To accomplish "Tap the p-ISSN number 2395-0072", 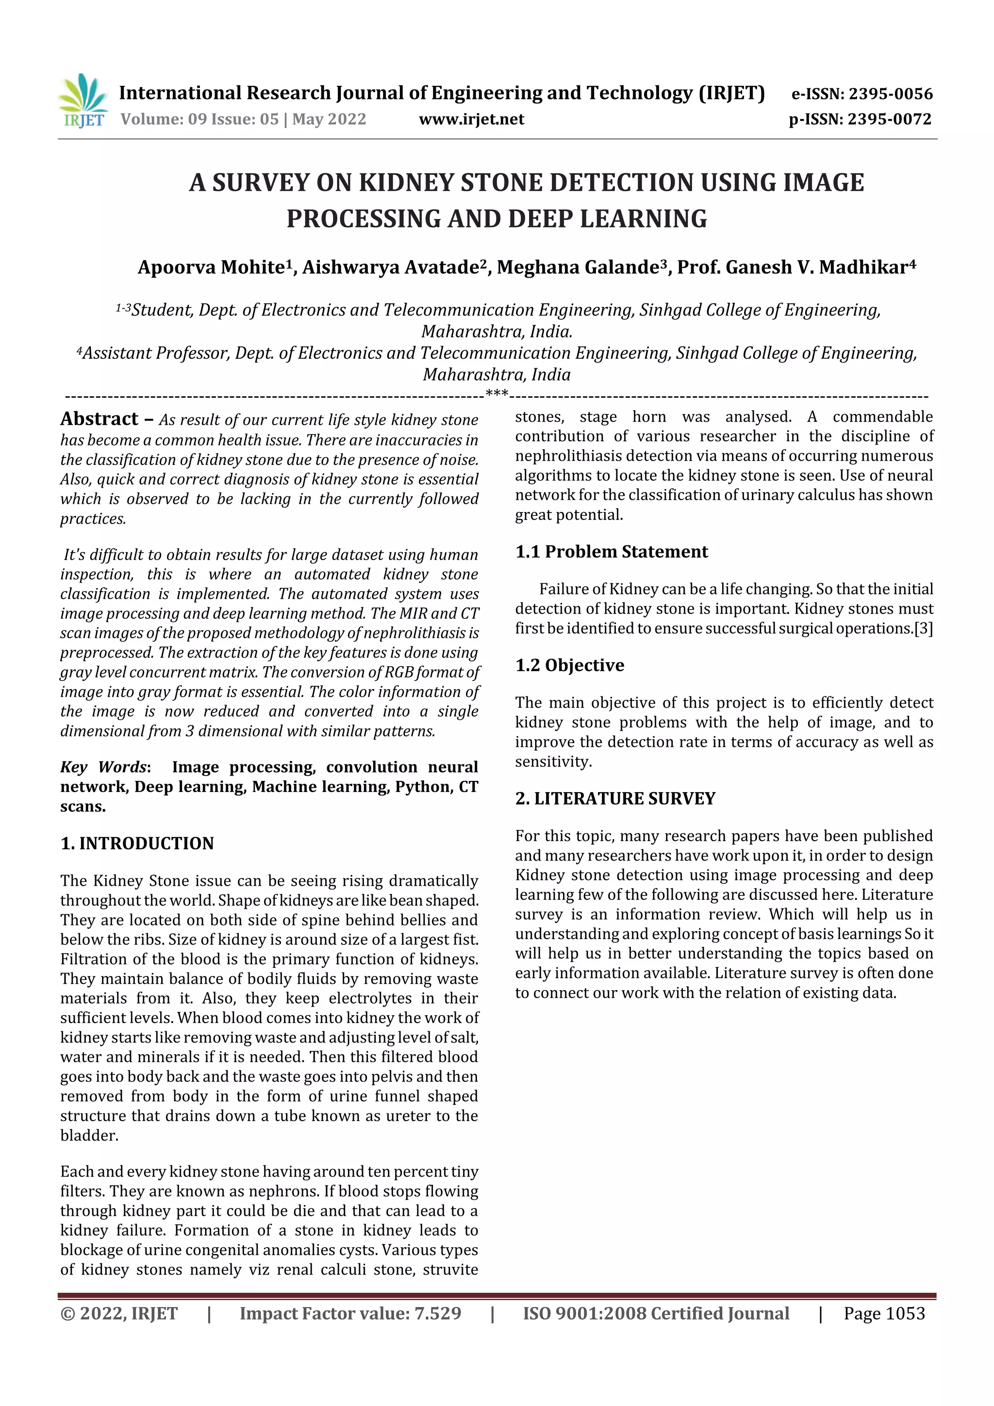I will [889, 119].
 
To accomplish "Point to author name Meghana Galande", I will [577, 267].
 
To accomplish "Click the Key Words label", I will [103, 767].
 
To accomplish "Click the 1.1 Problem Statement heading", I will [611, 552].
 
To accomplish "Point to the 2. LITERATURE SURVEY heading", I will [615, 798].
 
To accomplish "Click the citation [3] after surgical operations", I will [923, 629].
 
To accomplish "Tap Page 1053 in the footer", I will [884, 1313].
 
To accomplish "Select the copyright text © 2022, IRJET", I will [119, 1313].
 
